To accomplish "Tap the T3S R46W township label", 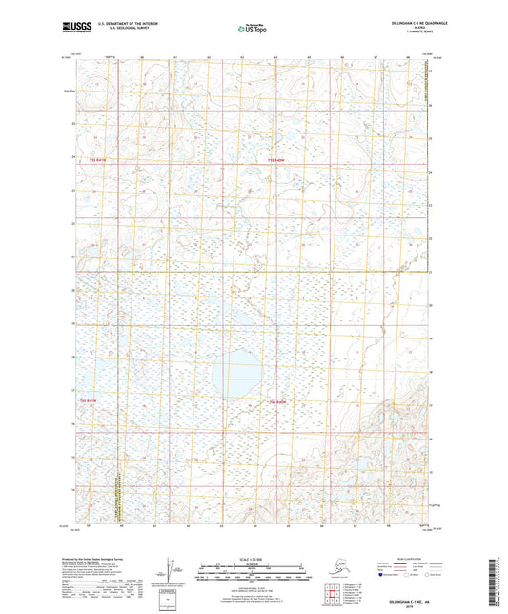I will [276, 159].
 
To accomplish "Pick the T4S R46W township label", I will [278, 402].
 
